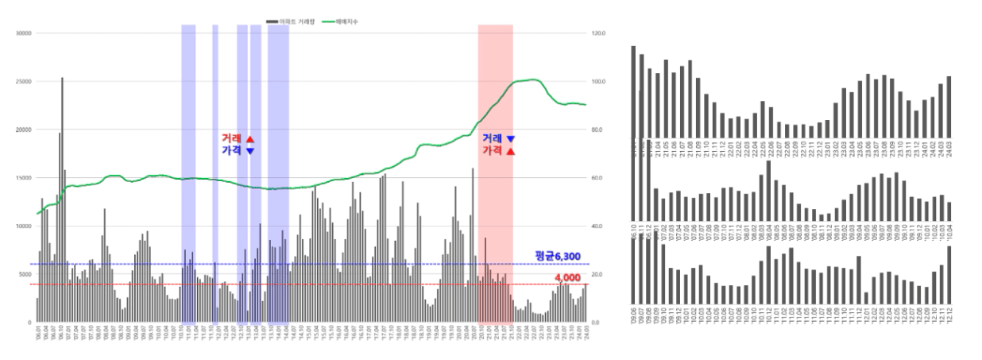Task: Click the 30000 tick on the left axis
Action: tap(23, 33)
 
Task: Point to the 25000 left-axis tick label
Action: tap(23, 82)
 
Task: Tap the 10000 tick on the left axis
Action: tap(23, 226)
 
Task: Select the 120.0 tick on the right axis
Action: tap(599, 33)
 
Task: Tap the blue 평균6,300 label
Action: tap(555, 255)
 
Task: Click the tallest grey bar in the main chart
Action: tap(62, 199)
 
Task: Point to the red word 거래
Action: tap(232, 138)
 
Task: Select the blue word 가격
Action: tap(232, 150)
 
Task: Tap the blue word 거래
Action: tap(493, 138)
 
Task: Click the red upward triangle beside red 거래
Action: tap(250, 138)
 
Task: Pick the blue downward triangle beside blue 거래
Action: tap(511, 138)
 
